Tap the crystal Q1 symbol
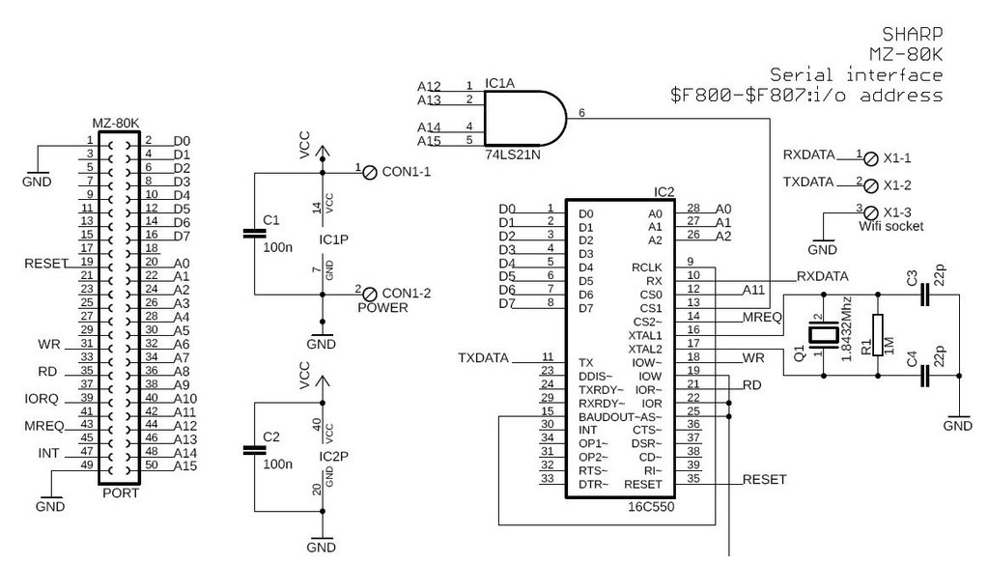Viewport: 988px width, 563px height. click(820, 335)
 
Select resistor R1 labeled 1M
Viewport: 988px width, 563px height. click(877, 334)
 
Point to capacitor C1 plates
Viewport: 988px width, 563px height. click(253, 233)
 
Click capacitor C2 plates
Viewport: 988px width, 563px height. click(253, 449)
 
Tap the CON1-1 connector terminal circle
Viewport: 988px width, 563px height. click(369, 173)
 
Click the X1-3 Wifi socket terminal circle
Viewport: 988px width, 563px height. click(869, 212)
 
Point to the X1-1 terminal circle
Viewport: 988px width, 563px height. click(869, 157)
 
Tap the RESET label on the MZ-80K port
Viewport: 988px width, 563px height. click(45, 263)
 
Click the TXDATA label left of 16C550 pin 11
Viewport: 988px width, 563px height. click(483, 358)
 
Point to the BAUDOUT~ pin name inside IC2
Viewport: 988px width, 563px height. click(606, 416)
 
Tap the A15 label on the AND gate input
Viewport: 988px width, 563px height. click(429, 142)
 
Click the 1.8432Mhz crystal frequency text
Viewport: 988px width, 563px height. click(848, 330)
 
